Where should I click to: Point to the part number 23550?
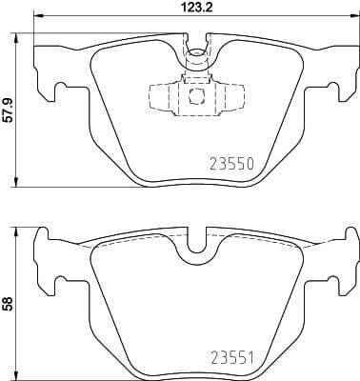pos(230,163)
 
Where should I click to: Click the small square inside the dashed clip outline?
pos(195,96)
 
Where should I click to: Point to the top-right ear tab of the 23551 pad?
pos(344,238)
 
